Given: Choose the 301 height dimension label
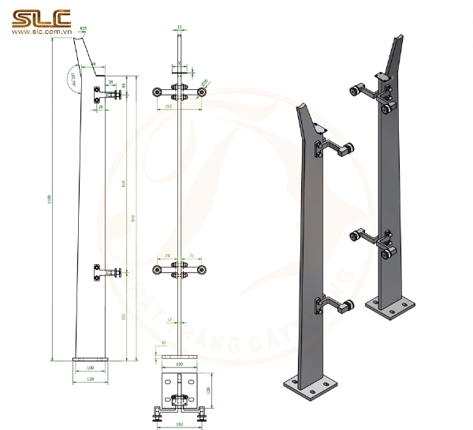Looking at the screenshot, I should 122,316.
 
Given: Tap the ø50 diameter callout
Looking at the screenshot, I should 206,80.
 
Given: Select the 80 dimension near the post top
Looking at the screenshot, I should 92,62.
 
